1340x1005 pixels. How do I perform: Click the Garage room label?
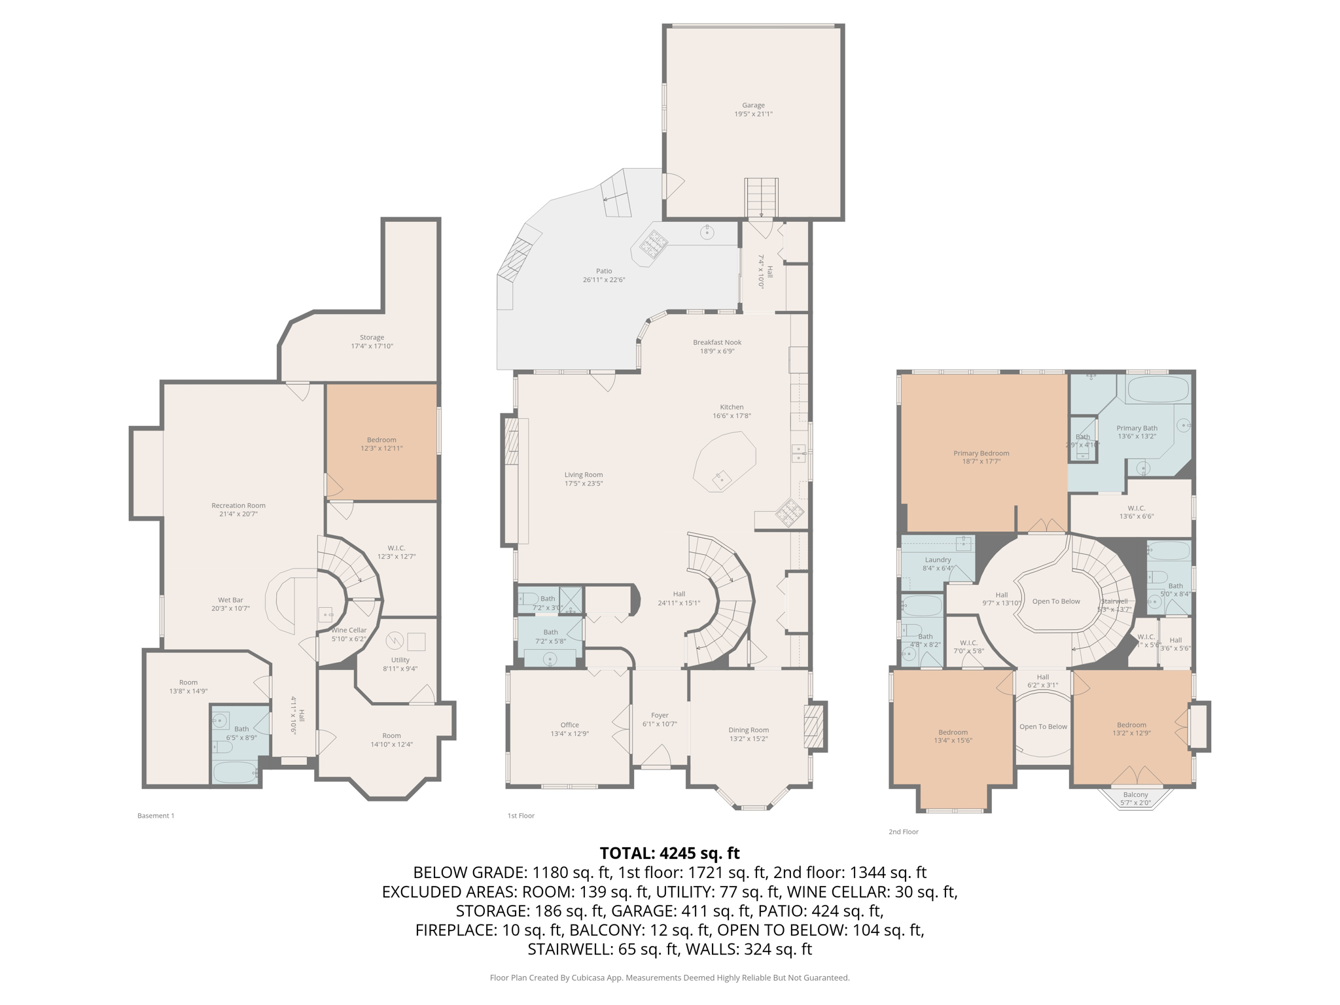[x=753, y=105]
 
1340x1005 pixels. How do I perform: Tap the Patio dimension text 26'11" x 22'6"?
[x=603, y=280]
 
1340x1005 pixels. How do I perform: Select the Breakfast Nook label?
[x=717, y=342]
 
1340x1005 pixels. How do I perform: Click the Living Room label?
[x=584, y=475]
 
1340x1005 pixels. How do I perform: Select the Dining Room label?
[x=749, y=730]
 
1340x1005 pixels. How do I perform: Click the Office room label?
[x=569, y=725]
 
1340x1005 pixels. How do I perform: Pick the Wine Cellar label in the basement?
[x=349, y=630]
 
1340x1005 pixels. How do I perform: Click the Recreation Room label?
[x=238, y=505]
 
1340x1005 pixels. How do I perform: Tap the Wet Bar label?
[x=230, y=600]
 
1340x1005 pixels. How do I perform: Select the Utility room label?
[x=400, y=660]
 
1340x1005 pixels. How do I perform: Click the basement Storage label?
[x=372, y=338]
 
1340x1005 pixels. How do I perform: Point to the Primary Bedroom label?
[x=981, y=453]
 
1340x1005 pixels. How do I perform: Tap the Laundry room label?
[x=938, y=560]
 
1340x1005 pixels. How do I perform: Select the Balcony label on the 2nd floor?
[x=1135, y=794]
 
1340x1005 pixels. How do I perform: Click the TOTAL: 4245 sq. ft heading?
[x=669, y=853]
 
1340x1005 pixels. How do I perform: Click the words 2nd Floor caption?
[x=903, y=832]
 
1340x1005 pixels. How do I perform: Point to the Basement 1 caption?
[x=156, y=815]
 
